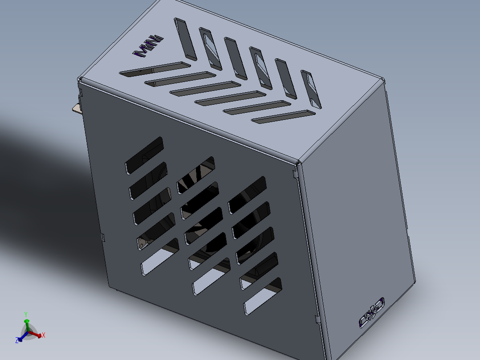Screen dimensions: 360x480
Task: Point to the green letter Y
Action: [x=26, y=314]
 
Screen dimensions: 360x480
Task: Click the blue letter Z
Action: [x=16, y=340]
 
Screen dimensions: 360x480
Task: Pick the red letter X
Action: [x=43, y=335]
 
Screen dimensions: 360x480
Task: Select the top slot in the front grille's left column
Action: [x=144, y=155]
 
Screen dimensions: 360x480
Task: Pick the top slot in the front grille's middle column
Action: [x=195, y=175]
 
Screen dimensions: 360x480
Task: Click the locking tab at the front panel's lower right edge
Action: [x=317, y=319]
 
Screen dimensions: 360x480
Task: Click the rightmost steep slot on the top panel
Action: [x=311, y=90]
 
